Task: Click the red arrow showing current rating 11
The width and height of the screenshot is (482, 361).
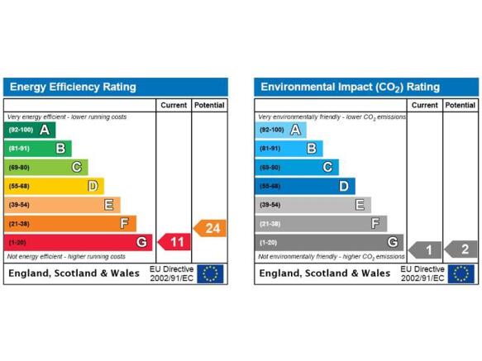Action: point(174,242)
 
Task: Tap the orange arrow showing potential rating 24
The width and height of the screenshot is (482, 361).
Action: point(210,228)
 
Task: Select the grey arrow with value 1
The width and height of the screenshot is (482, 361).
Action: point(425,249)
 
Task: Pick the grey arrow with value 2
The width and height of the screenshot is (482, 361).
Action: point(461,249)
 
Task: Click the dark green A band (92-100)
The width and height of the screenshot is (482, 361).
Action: point(30,130)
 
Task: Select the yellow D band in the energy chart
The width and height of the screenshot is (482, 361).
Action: point(54,186)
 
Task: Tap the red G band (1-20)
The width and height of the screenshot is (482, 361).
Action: point(78,242)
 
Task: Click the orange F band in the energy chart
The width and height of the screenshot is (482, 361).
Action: point(70,224)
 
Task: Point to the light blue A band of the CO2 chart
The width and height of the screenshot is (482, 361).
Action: point(280,130)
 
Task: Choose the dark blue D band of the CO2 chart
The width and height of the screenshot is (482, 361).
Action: point(305,186)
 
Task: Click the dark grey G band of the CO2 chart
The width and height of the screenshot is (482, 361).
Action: point(329,242)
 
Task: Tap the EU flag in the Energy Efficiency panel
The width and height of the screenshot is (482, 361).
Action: point(210,273)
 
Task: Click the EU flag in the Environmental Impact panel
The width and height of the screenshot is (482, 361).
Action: point(461,273)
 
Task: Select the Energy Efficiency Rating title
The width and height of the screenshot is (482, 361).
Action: point(73,87)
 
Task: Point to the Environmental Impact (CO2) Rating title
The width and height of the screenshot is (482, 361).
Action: point(350,88)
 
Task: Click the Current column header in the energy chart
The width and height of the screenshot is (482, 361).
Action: point(174,105)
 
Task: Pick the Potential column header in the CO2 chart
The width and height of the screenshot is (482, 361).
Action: point(461,105)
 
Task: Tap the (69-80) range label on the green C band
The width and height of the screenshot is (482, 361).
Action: point(19,168)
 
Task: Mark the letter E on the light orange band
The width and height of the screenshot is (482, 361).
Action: point(109,205)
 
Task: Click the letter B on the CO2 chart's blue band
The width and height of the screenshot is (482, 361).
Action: point(312,149)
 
